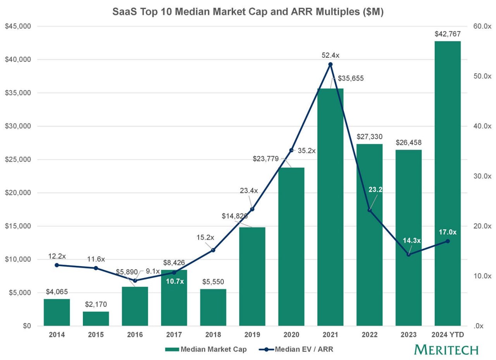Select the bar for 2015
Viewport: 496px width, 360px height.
[x=96, y=319]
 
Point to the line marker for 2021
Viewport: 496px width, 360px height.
[x=330, y=64]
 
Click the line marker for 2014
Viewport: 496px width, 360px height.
[x=57, y=265]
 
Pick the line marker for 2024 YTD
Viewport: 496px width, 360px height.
[x=448, y=241]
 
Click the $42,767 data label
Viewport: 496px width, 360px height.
[x=448, y=34]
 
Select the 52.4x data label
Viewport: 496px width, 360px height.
[x=330, y=55]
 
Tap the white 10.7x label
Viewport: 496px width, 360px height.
[x=175, y=282]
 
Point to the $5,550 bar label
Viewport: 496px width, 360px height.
[x=213, y=282]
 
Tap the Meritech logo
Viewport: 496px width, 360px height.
[x=446, y=350]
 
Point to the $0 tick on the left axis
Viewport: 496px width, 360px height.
[x=27, y=326]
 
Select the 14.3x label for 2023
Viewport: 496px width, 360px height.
[x=412, y=241]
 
